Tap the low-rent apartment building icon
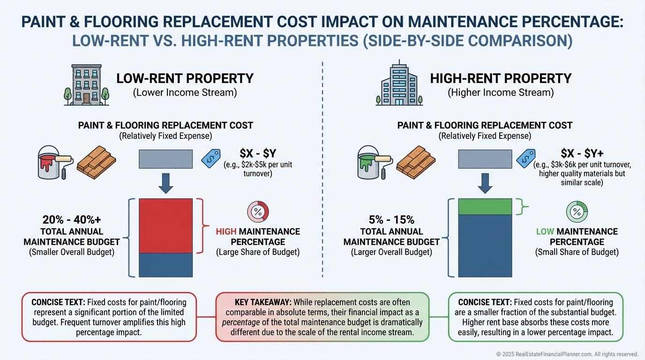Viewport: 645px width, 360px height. point(86,85)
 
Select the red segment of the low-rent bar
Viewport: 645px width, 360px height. point(166,226)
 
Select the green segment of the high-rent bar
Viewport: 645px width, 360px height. point(485,207)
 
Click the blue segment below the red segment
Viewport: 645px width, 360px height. point(166,265)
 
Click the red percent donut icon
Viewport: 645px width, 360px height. point(258,211)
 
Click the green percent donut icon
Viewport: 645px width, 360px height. point(577,211)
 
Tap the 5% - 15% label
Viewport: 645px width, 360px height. point(392,220)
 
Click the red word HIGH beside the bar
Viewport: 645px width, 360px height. point(226,232)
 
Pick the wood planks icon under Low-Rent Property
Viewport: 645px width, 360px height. point(96,162)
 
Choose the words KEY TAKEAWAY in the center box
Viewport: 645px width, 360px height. point(255,302)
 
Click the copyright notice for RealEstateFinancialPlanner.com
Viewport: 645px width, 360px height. point(567,354)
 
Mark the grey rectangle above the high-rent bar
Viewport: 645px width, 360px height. point(485,158)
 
